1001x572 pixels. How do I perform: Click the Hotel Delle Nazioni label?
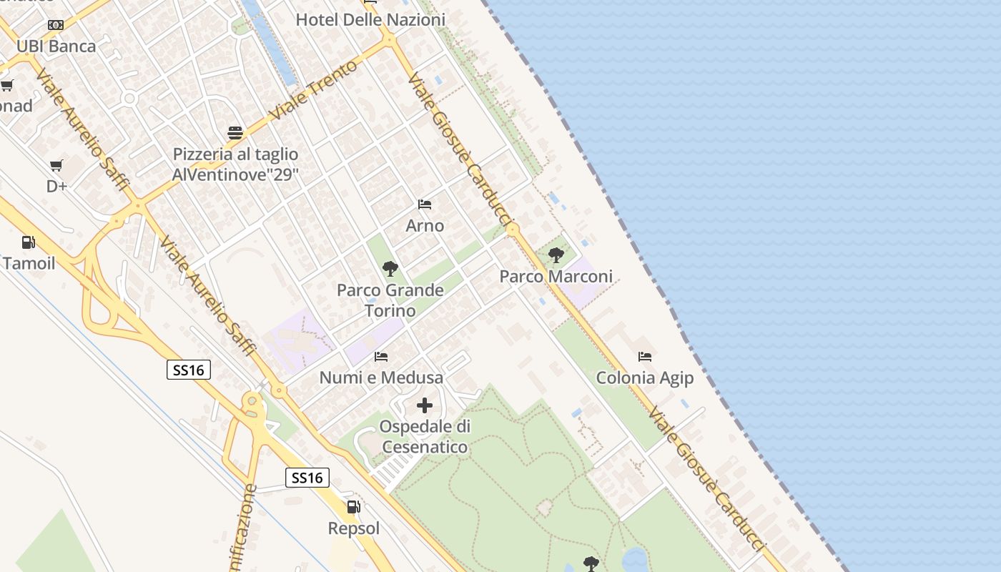point(370,20)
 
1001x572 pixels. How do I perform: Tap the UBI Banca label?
point(56,46)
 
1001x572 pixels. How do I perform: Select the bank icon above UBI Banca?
point(56,25)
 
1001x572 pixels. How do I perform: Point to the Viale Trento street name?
point(315,91)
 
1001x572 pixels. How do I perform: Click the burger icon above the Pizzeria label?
point(235,132)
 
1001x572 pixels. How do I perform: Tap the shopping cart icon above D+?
point(56,166)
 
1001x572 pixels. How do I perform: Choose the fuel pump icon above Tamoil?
point(29,242)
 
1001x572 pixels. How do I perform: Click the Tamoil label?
point(29,263)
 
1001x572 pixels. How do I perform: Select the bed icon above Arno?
point(425,204)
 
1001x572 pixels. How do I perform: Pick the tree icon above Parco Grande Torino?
point(390,269)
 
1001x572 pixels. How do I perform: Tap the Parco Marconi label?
point(556,276)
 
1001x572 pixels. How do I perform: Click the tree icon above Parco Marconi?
point(556,255)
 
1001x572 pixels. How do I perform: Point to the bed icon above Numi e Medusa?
point(381,356)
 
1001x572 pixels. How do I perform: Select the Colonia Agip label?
point(645,378)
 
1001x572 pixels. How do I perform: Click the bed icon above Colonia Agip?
point(645,356)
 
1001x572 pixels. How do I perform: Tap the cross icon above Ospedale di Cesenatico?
point(425,405)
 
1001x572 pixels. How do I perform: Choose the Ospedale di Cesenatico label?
point(425,437)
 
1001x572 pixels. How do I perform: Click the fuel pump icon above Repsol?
point(353,507)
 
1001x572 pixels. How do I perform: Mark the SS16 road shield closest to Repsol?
point(307,477)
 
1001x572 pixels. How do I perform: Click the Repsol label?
point(353,528)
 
